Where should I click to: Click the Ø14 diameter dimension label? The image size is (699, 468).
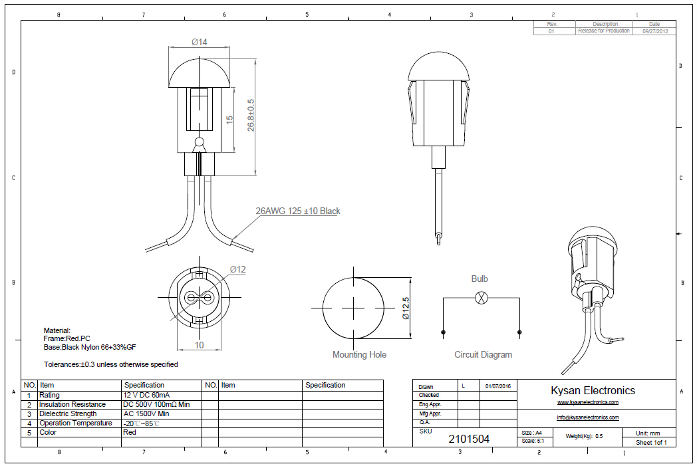click(200, 42)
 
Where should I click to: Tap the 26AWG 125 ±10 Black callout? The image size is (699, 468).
click(298, 211)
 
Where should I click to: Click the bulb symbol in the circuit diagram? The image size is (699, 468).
click(481, 298)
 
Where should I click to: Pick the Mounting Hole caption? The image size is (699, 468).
click(359, 355)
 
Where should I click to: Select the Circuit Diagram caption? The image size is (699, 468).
click(484, 355)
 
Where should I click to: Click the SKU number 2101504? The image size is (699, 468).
click(469, 439)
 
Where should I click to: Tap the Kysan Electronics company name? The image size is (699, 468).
click(593, 391)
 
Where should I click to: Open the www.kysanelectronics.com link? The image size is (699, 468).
click(588, 402)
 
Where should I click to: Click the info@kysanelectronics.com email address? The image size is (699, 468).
click(588, 417)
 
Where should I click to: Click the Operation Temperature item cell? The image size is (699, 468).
click(76, 423)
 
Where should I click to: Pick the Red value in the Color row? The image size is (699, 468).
click(130, 432)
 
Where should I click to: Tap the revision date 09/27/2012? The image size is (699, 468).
click(654, 31)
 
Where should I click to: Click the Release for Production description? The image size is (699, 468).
click(604, 31)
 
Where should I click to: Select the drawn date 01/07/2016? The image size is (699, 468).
click(497, 386)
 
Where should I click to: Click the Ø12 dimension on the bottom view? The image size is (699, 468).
click(238, 269)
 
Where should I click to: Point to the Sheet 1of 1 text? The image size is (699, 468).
click(651, 442)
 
